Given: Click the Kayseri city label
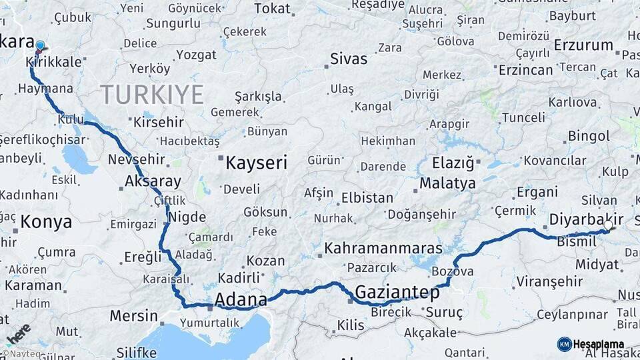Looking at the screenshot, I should pos(256,162).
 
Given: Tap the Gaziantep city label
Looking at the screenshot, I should pos(397,292).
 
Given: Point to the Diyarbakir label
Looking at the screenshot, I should pos(586,219).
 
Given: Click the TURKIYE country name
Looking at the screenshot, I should pos(151,95).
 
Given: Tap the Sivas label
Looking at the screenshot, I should pos(349,59).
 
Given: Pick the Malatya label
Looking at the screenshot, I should pos(447,183).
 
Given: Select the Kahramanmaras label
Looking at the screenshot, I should pos(383,249).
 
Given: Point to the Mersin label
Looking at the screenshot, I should pos(133,315).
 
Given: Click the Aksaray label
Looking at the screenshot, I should pos(153,181).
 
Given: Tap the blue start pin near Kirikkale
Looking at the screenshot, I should pos(40,47).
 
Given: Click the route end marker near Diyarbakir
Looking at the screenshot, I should pos(608,228).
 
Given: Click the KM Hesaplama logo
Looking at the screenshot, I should pos(591,344).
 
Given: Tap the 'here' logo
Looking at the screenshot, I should pos(18,333).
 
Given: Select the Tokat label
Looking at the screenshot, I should pos(273,9).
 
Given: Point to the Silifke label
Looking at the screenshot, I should pos(136,353).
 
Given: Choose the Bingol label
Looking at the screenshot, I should pos(589,136).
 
